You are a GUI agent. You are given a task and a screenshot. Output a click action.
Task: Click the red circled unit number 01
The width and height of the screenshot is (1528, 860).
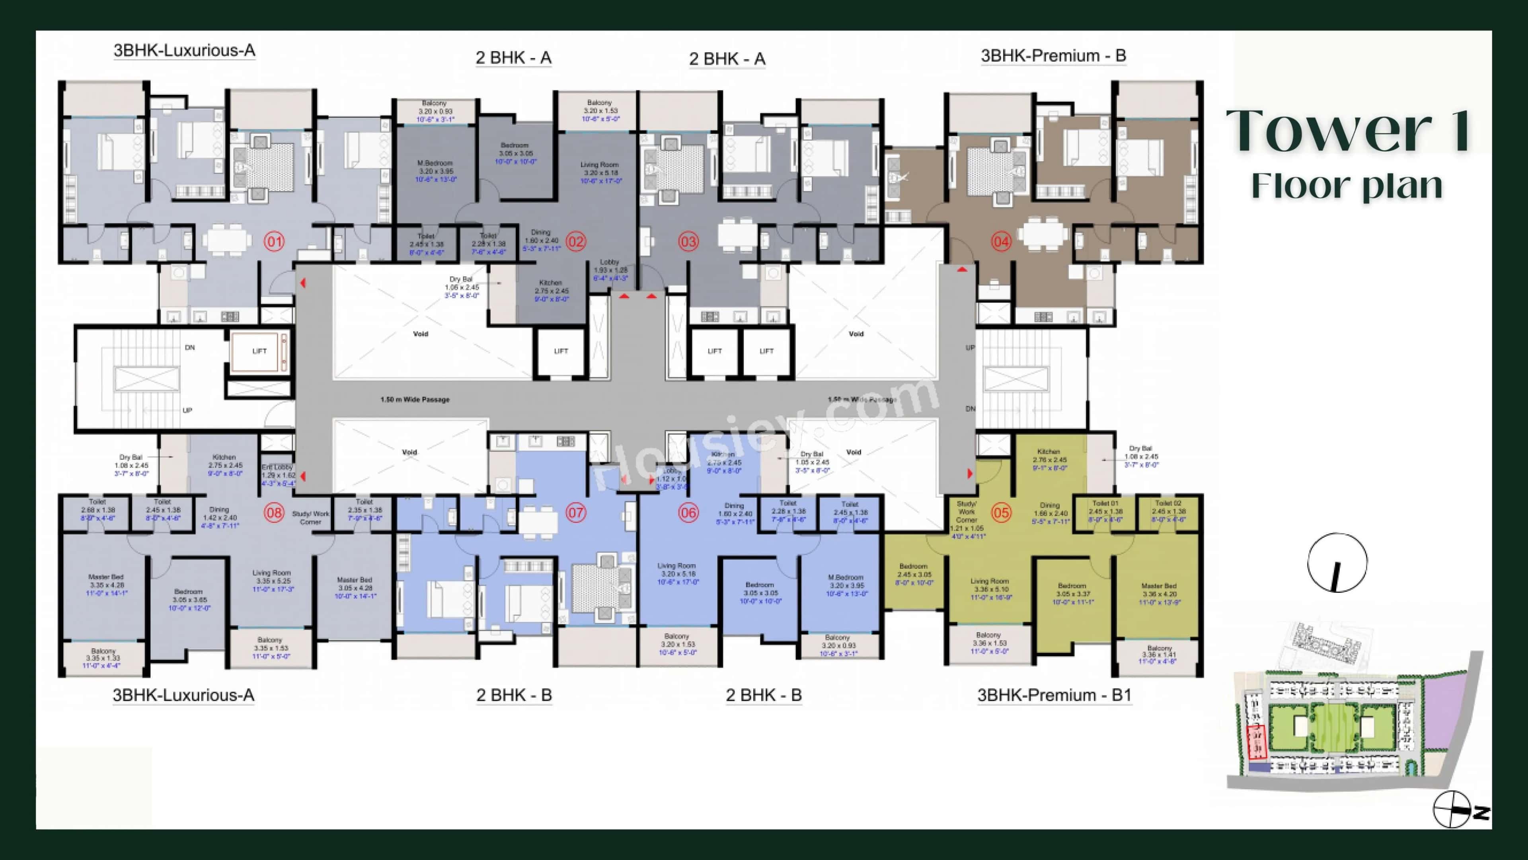click(x=274, y=242)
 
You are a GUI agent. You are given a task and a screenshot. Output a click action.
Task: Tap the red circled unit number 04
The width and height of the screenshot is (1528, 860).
click(x=1001, y=242)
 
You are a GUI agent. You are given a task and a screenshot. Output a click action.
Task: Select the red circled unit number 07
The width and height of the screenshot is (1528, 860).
click(x=575, y=512)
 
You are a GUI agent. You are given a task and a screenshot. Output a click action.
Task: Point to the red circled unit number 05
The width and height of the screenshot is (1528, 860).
click(x=1001, y=512)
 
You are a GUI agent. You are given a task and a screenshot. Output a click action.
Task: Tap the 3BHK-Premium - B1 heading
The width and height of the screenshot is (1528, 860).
click(x=1054, y=695)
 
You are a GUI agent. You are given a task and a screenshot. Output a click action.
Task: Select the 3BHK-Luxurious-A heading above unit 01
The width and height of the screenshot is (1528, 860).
click(x=184, y=51)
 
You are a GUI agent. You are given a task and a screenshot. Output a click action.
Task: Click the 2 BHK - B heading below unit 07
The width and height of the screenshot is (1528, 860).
click(x=514, y=695)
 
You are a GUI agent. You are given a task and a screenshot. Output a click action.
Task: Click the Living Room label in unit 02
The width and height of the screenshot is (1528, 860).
click(x=600, y=165)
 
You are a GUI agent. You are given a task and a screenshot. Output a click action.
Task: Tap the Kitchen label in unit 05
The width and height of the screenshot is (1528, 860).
click(x=1049, y=451)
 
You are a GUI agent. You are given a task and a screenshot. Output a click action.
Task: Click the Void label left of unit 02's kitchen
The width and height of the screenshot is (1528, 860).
click(x=421, y=334)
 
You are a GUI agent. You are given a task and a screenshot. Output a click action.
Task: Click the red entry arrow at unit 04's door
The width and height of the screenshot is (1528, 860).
click(x=962, y=270)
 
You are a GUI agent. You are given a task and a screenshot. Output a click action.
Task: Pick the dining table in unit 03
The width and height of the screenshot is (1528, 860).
click(x=738, y=233)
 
